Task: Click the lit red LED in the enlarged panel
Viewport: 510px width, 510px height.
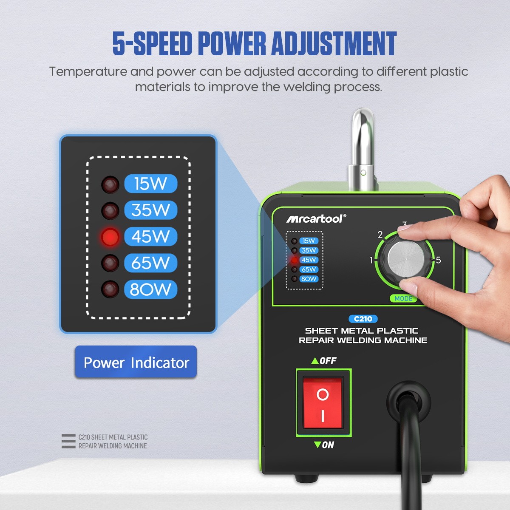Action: [110, 237]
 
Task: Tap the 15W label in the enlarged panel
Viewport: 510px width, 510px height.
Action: [150, 184]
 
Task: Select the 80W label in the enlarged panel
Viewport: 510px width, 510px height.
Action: [150, 289]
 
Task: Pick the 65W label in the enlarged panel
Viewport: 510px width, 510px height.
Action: [150, 263]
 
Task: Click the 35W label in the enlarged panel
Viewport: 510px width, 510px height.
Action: [150, 210]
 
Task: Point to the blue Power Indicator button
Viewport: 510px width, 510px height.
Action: [136, 362]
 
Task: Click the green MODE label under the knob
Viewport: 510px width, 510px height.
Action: [403, 299]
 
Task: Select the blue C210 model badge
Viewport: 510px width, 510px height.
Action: [363, 319]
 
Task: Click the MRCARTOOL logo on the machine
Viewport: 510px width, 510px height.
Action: [316, 218]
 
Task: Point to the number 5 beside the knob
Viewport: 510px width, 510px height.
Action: [438, 260]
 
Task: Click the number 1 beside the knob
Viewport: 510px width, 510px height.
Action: [371, 260]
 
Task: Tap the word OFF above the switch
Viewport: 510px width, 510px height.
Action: [328, 361]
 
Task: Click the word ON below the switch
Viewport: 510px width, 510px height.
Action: [328, 445]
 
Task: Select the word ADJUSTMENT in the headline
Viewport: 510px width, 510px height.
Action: [334, 43]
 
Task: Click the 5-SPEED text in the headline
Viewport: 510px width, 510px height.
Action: [152, 43]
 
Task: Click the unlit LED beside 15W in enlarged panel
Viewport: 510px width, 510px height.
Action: [110, 184]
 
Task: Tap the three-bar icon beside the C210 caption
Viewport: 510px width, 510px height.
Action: [68, 441]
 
